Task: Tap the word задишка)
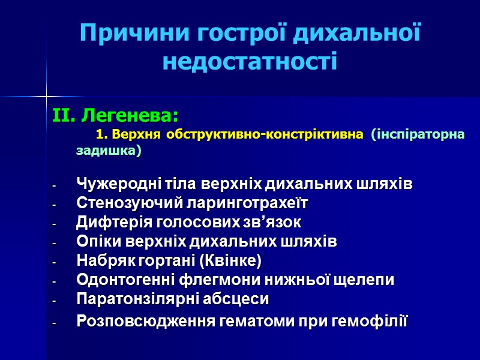point(109,151)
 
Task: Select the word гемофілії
point(373,321)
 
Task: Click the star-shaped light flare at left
point(46,95)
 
